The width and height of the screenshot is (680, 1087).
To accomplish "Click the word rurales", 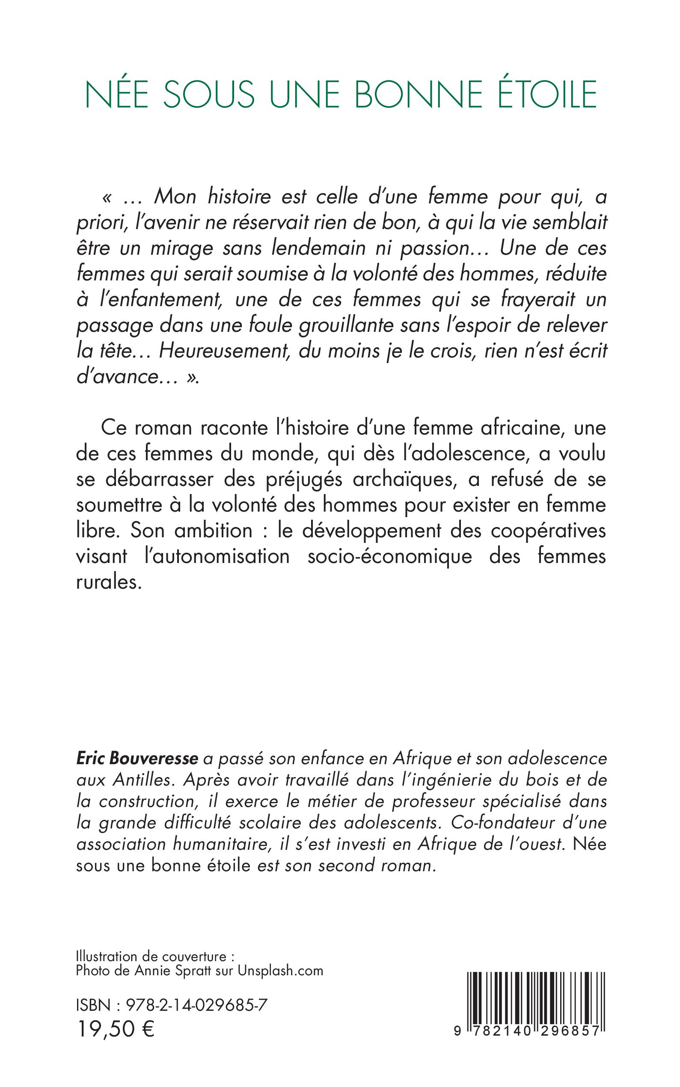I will [108, 582].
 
